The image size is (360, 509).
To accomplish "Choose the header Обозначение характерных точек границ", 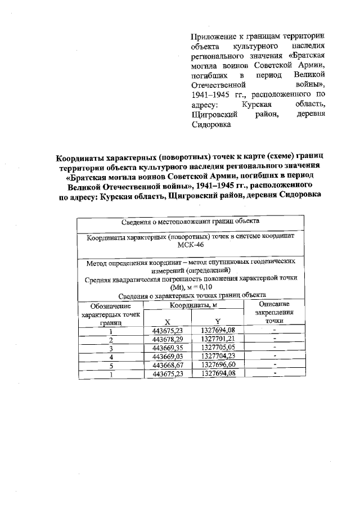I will [111, 315].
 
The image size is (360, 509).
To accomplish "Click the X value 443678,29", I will [168, 340].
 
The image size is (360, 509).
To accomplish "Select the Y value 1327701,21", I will [217, 340].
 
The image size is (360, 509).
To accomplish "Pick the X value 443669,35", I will [168, 348].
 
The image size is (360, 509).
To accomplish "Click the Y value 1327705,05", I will [217, 348].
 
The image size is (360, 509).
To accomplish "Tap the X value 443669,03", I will [168, 357].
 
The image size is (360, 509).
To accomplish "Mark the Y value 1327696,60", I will [217, 365].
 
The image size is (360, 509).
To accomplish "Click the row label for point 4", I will [111, 357].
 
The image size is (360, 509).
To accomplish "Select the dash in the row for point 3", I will [274, 348].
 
